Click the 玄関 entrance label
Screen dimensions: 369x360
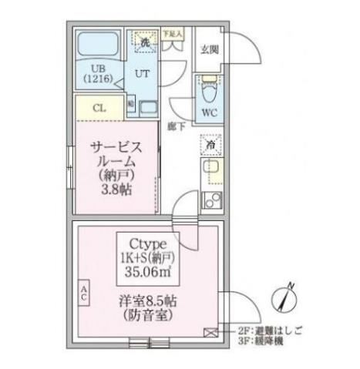[x=210, y=50]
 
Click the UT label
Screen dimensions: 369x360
[x=143, y=74]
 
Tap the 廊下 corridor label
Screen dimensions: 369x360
[x=177, y=125]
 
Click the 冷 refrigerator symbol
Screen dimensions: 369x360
[x=210, y=144]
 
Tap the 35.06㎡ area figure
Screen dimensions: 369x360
[x=148, y=270]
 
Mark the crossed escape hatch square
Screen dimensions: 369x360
[x=213, y=332]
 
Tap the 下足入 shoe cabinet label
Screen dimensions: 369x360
[x=171, y=34]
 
